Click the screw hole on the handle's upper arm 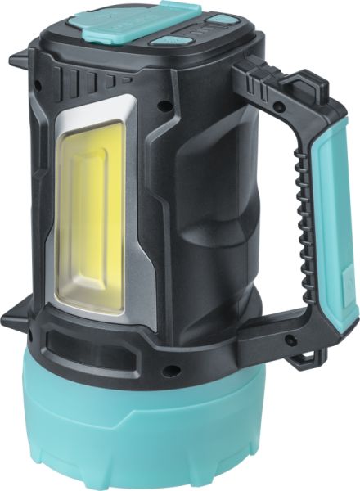[x=279, y=107]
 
